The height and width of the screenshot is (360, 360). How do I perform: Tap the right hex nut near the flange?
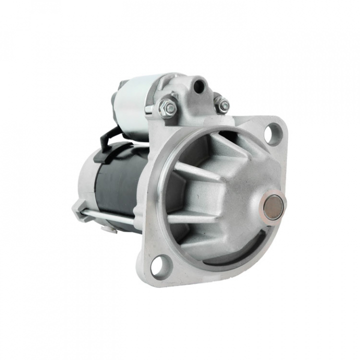click(222, 105)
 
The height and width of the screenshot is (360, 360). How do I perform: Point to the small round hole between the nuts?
click(200, 86)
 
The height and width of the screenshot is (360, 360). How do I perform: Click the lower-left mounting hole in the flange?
click(159, 265)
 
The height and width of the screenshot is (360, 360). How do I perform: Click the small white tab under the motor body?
click(108, 229)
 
